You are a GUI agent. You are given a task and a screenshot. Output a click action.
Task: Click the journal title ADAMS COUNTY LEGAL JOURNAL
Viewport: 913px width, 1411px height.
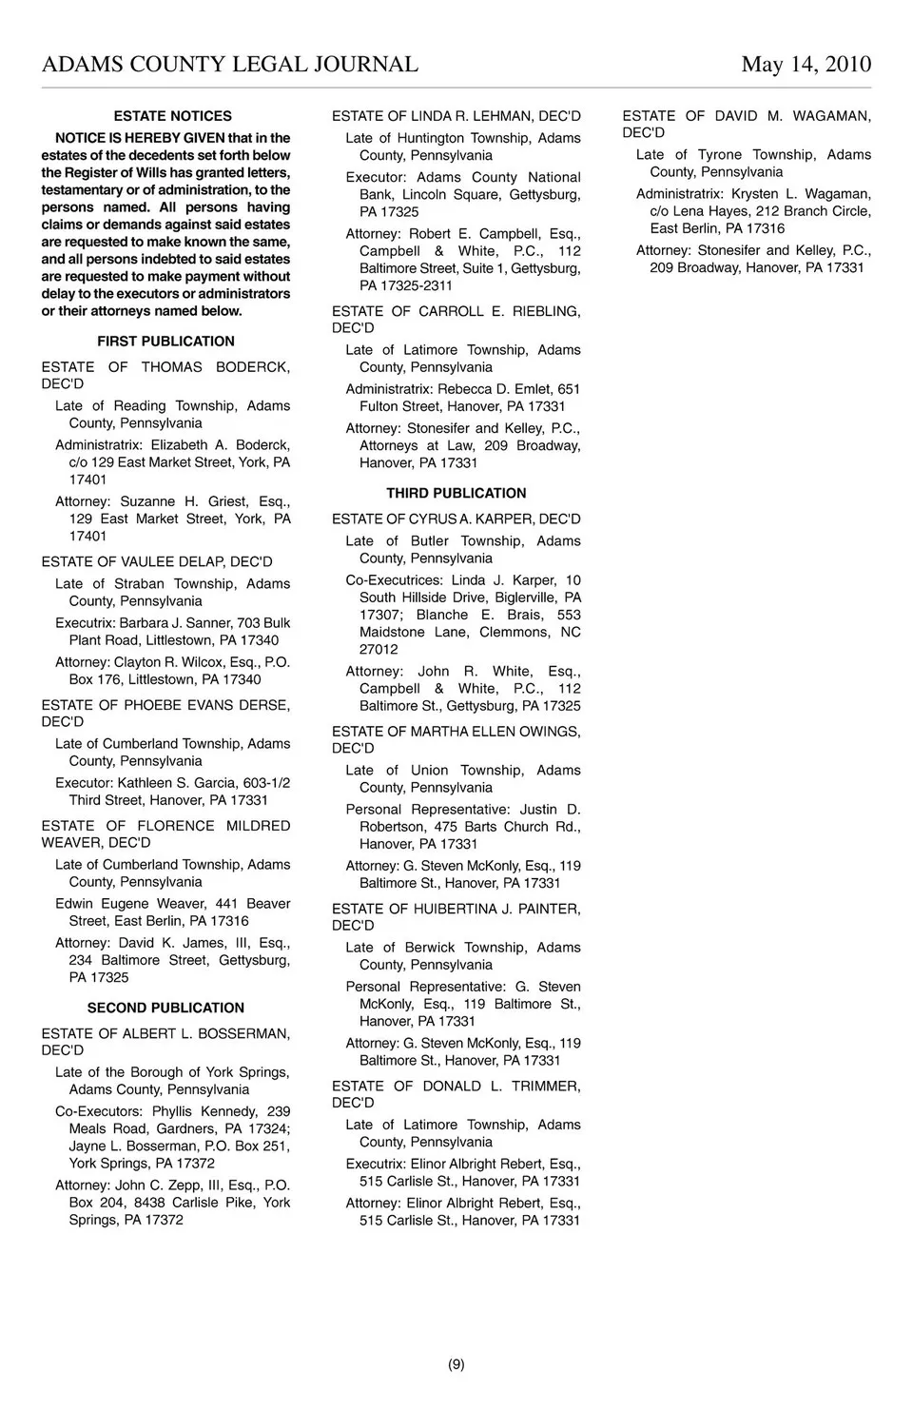229,65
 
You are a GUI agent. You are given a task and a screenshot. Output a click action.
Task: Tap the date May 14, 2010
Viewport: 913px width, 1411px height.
806,65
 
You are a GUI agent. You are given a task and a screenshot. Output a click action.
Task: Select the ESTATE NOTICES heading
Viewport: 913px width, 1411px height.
172,116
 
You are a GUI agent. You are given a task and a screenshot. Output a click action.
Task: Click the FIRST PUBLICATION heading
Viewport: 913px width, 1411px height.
165,342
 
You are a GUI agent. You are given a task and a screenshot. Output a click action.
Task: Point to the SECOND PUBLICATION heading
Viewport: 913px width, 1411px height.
165,1008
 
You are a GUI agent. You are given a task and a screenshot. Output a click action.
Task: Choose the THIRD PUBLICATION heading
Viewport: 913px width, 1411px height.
456,494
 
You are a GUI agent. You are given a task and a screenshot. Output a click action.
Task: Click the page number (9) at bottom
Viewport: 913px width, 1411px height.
456,1363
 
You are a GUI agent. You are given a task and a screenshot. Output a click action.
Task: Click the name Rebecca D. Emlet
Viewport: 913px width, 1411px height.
495,389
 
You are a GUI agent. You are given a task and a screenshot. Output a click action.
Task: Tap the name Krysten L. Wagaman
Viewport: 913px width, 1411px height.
801,194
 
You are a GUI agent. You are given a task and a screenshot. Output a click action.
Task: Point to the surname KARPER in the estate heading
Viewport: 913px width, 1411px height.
515,519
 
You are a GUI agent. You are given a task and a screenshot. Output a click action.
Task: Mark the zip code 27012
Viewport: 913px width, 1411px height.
379,650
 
